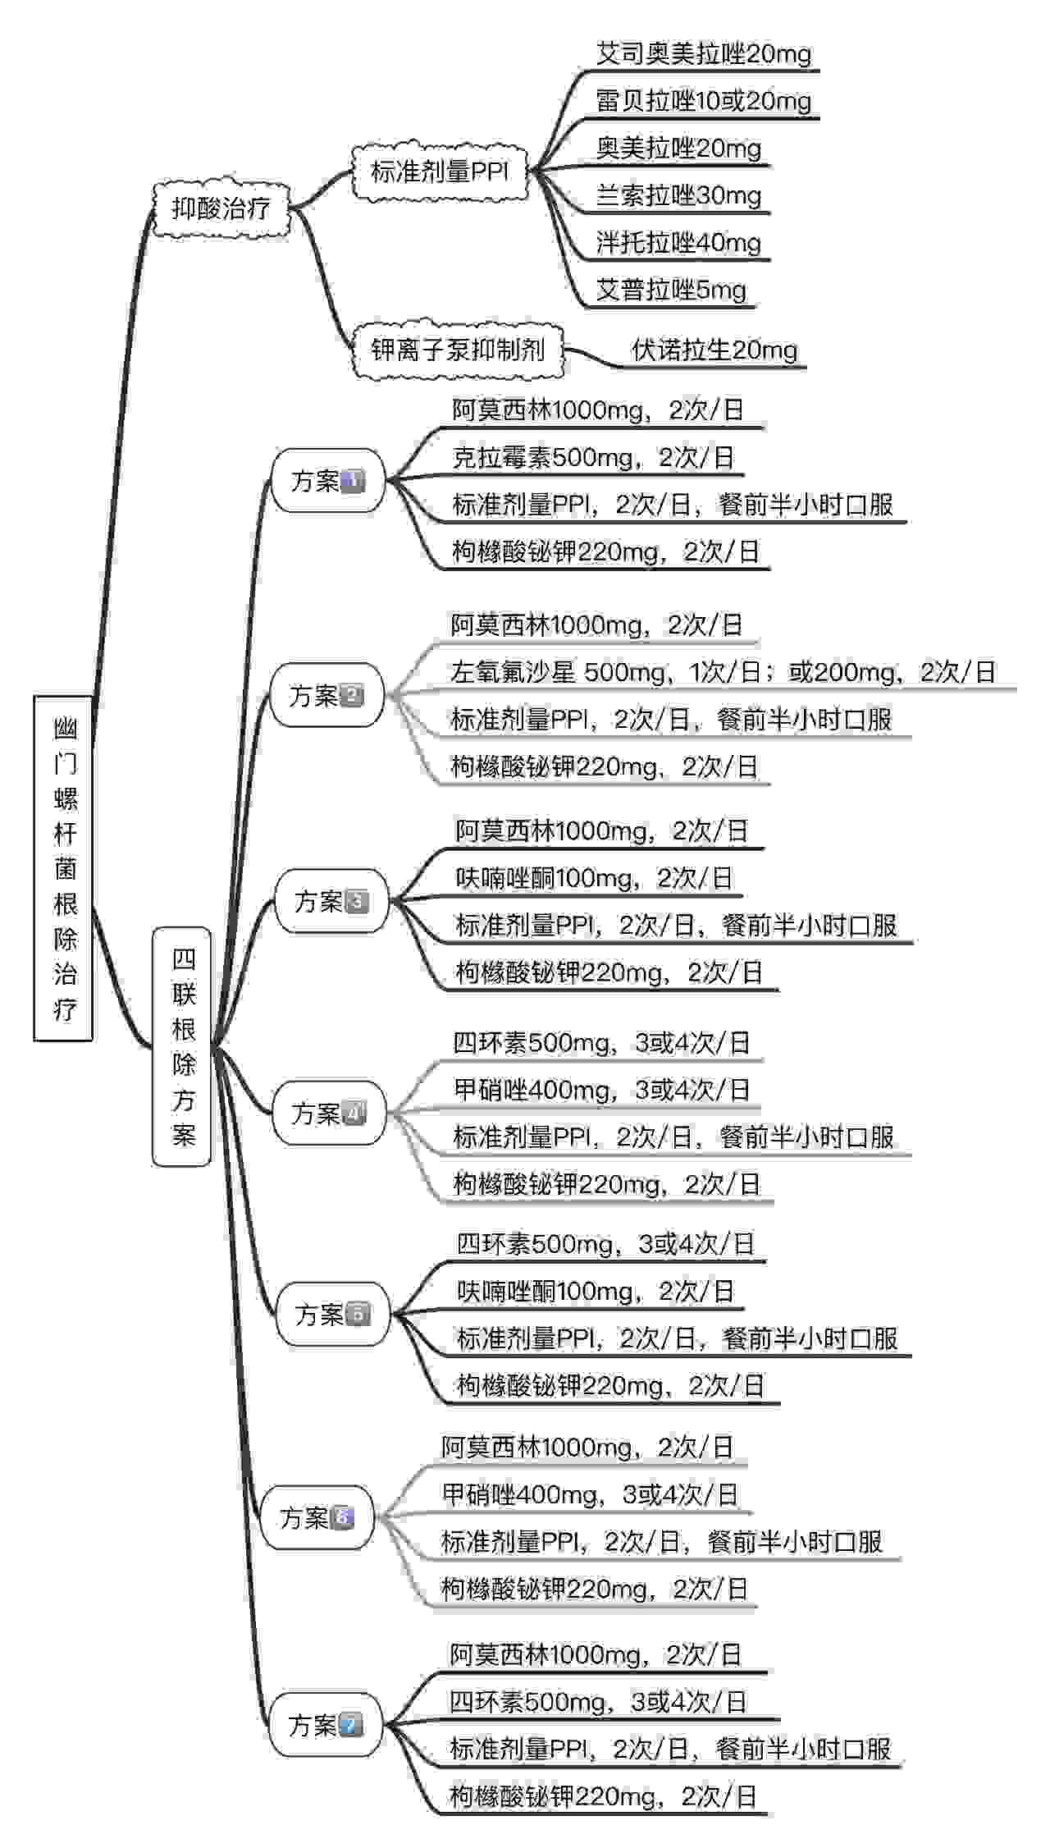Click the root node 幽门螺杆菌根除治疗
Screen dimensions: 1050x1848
63,868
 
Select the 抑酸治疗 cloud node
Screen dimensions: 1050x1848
221,209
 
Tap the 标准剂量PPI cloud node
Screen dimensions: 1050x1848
440,172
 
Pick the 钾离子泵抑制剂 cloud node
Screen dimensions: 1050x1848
458,350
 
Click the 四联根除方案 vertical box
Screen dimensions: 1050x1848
182,1046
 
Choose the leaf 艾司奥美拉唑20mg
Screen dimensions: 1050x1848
704,54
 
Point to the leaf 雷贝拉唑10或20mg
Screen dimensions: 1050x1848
704,101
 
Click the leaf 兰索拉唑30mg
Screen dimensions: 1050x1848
678,195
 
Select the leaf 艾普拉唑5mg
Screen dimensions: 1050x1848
671,290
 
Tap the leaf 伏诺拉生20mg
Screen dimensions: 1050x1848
714,350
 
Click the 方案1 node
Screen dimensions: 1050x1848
328,481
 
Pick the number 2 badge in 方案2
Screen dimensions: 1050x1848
351,696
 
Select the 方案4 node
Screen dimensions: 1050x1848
329,1114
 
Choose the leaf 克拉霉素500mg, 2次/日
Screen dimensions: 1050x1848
593,458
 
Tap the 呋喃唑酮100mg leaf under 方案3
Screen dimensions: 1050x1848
594,879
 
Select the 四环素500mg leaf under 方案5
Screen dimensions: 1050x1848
605,1244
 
